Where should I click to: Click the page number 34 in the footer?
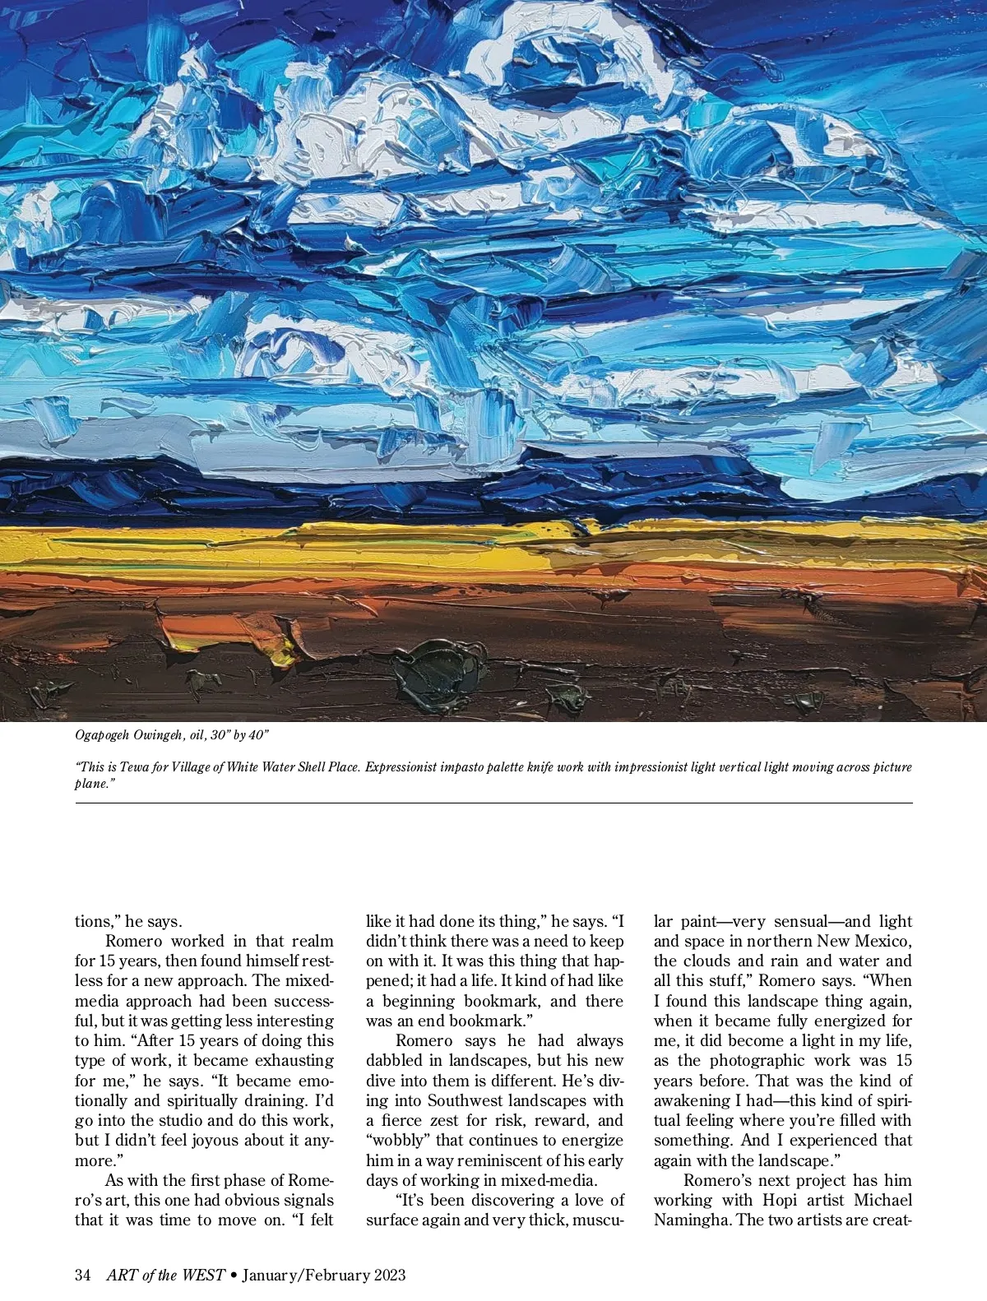coord(82,1275)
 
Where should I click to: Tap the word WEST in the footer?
coord(203,1275)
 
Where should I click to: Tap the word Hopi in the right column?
coord(780,1200)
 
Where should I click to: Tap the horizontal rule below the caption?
coord(493,803)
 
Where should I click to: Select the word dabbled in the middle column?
coord(399,1060)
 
